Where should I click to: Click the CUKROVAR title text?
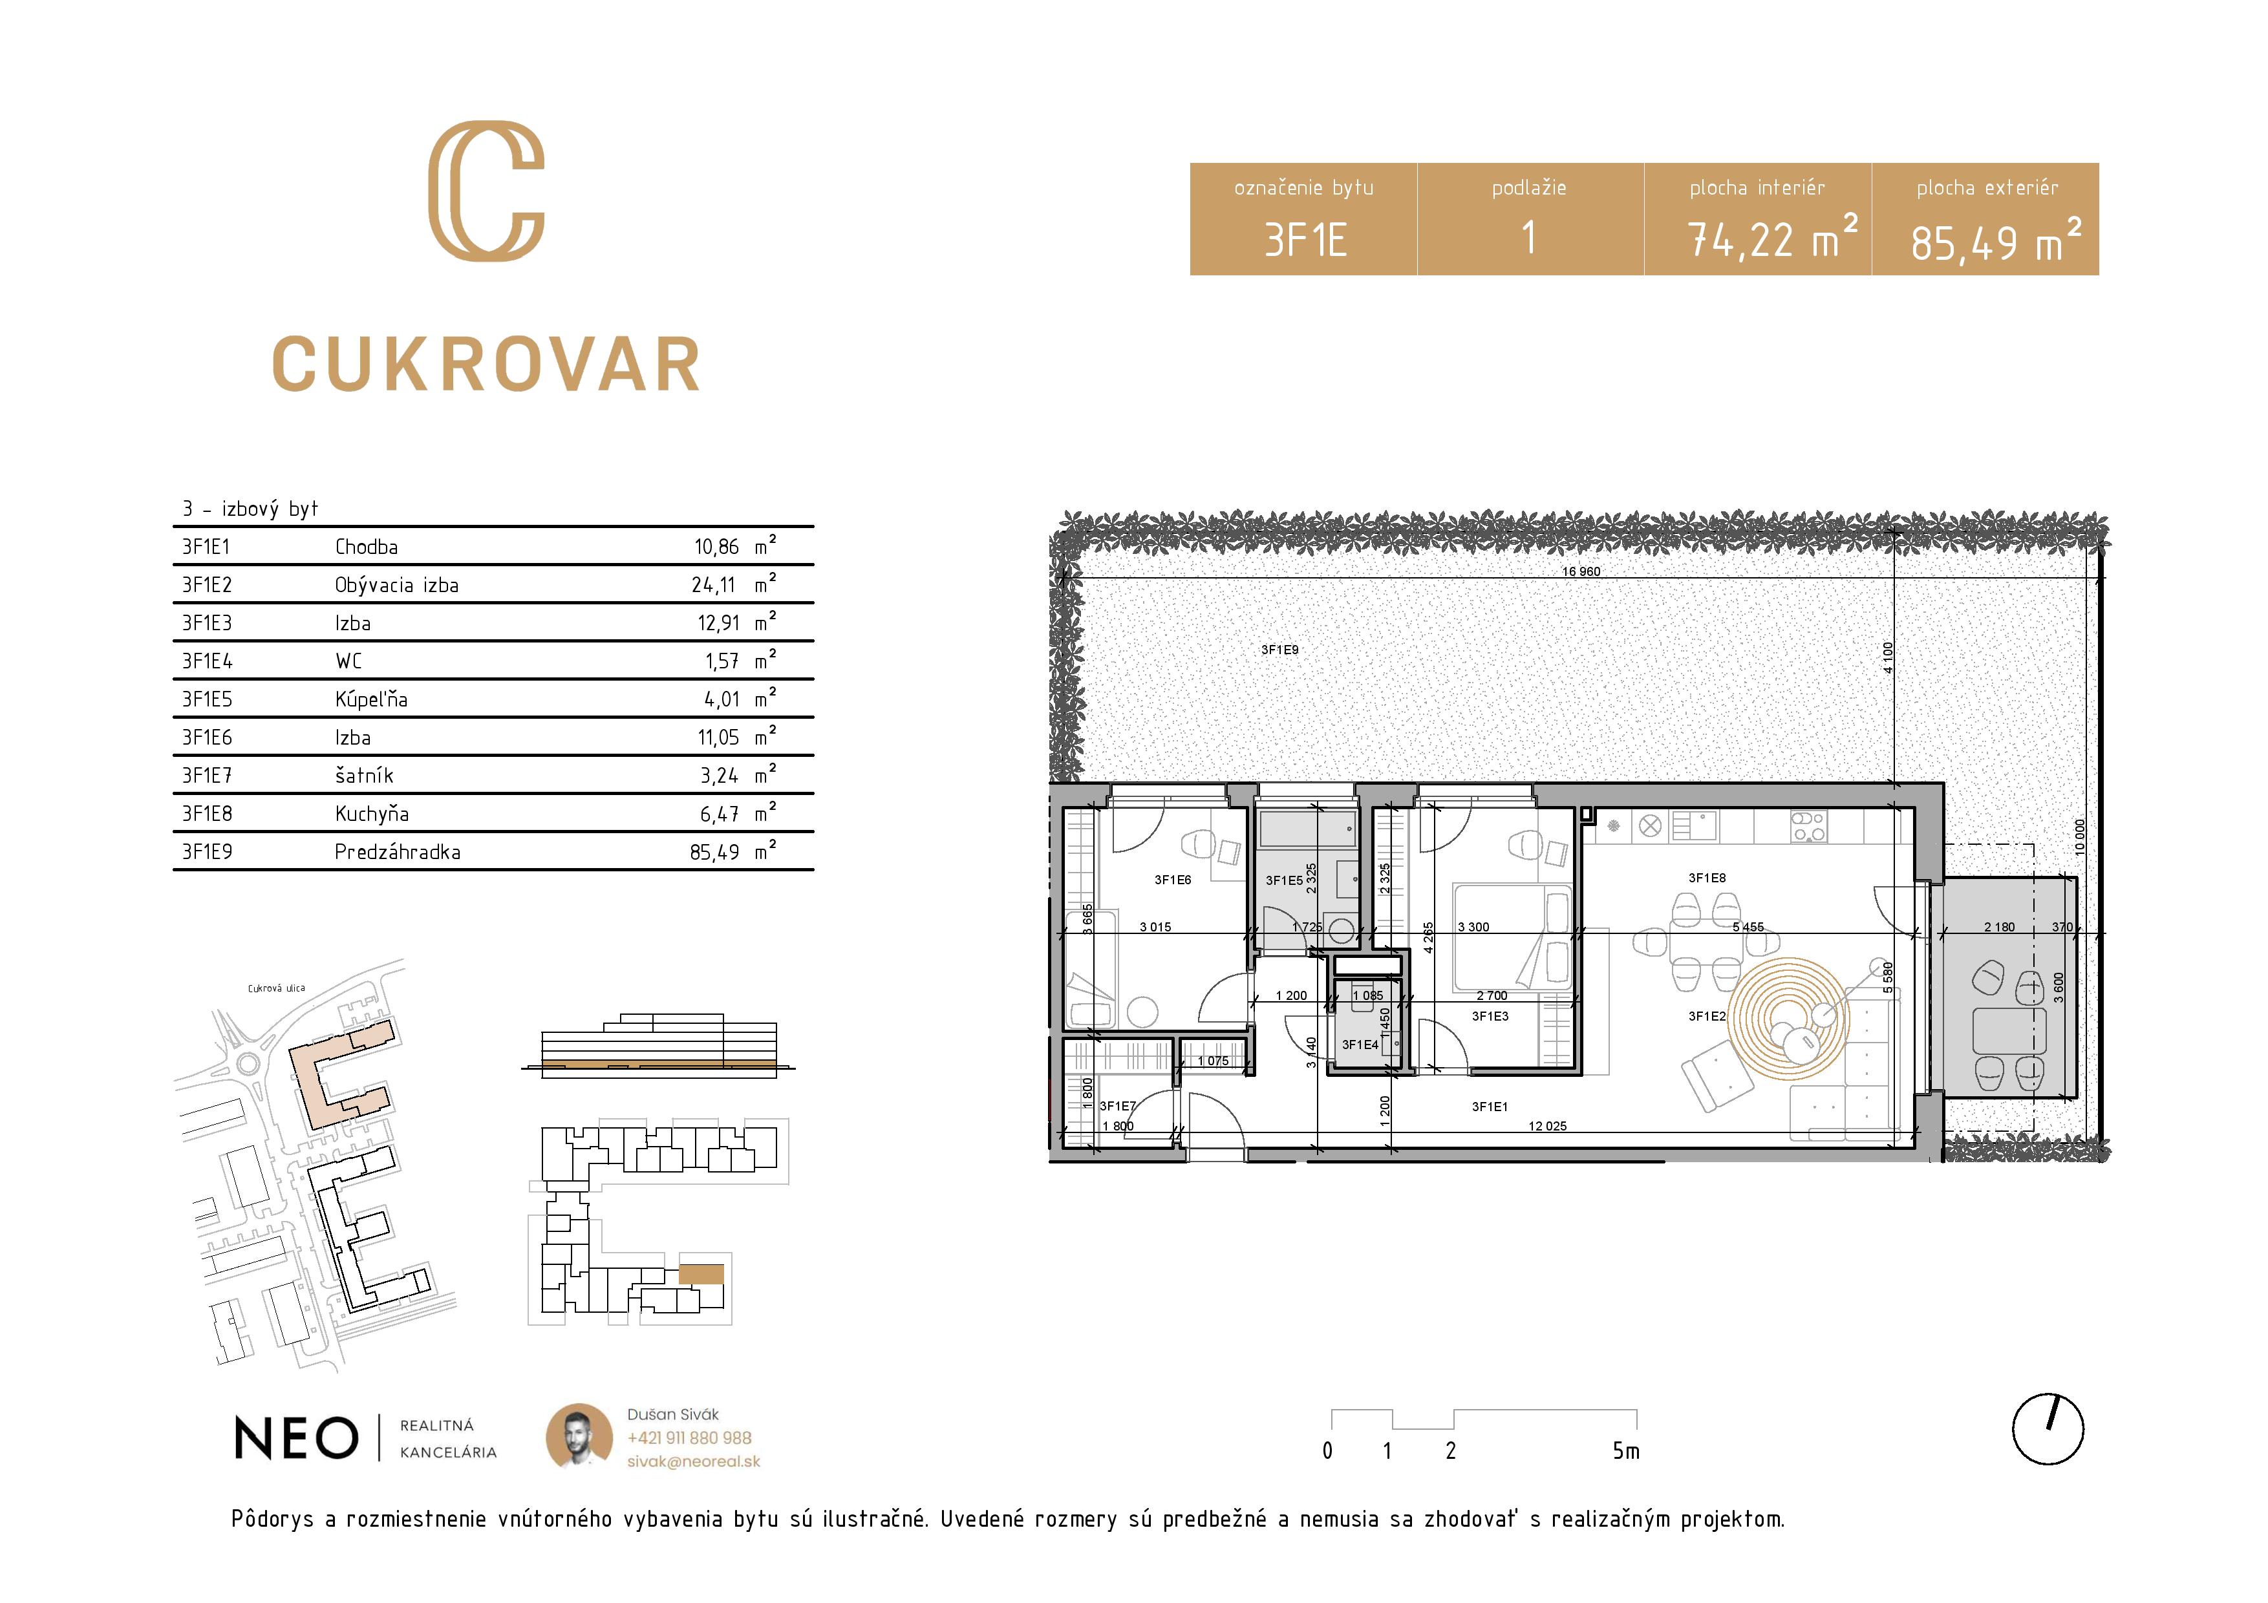(x=486, y=365)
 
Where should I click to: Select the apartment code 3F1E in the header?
(x=1305, y=240)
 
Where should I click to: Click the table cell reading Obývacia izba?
(x=396, y=585)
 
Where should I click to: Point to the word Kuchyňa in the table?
(x=371, y=814)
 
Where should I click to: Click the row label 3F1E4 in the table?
(x=208, y=661)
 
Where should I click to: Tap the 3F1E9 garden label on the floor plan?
(x=1279, y=650)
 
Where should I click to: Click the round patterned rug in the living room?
(x=1788, y=1017)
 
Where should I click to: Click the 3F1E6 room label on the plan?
(x=1173, y=879)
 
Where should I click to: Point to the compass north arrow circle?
(x=2048, y=1429)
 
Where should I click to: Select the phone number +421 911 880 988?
(x=689, y=1438)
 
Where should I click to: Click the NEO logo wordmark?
(x=296, y=1438)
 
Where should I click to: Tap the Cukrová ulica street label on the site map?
(x=277, y=988)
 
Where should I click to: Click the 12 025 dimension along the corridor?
(x=1547, y=1126)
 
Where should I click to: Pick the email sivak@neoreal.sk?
(x=694, y=1461)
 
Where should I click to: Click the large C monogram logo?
(x=486, y=191)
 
